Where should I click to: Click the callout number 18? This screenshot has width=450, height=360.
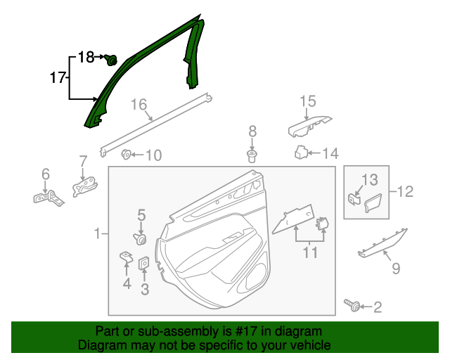coord(85,58)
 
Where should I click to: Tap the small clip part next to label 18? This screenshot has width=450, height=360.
coord(110,60)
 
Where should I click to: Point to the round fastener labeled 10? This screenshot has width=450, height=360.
coord(127,155)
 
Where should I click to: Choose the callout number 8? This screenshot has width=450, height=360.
coord(252,131)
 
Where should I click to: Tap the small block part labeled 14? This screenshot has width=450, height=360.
coord(300,152)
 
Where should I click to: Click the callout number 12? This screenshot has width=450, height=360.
coord(405,191)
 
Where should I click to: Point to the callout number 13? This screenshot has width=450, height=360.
coord(369,180)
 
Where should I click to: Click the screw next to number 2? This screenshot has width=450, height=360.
coord(352,305)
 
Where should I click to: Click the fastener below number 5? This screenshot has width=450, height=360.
coord(141,239)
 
